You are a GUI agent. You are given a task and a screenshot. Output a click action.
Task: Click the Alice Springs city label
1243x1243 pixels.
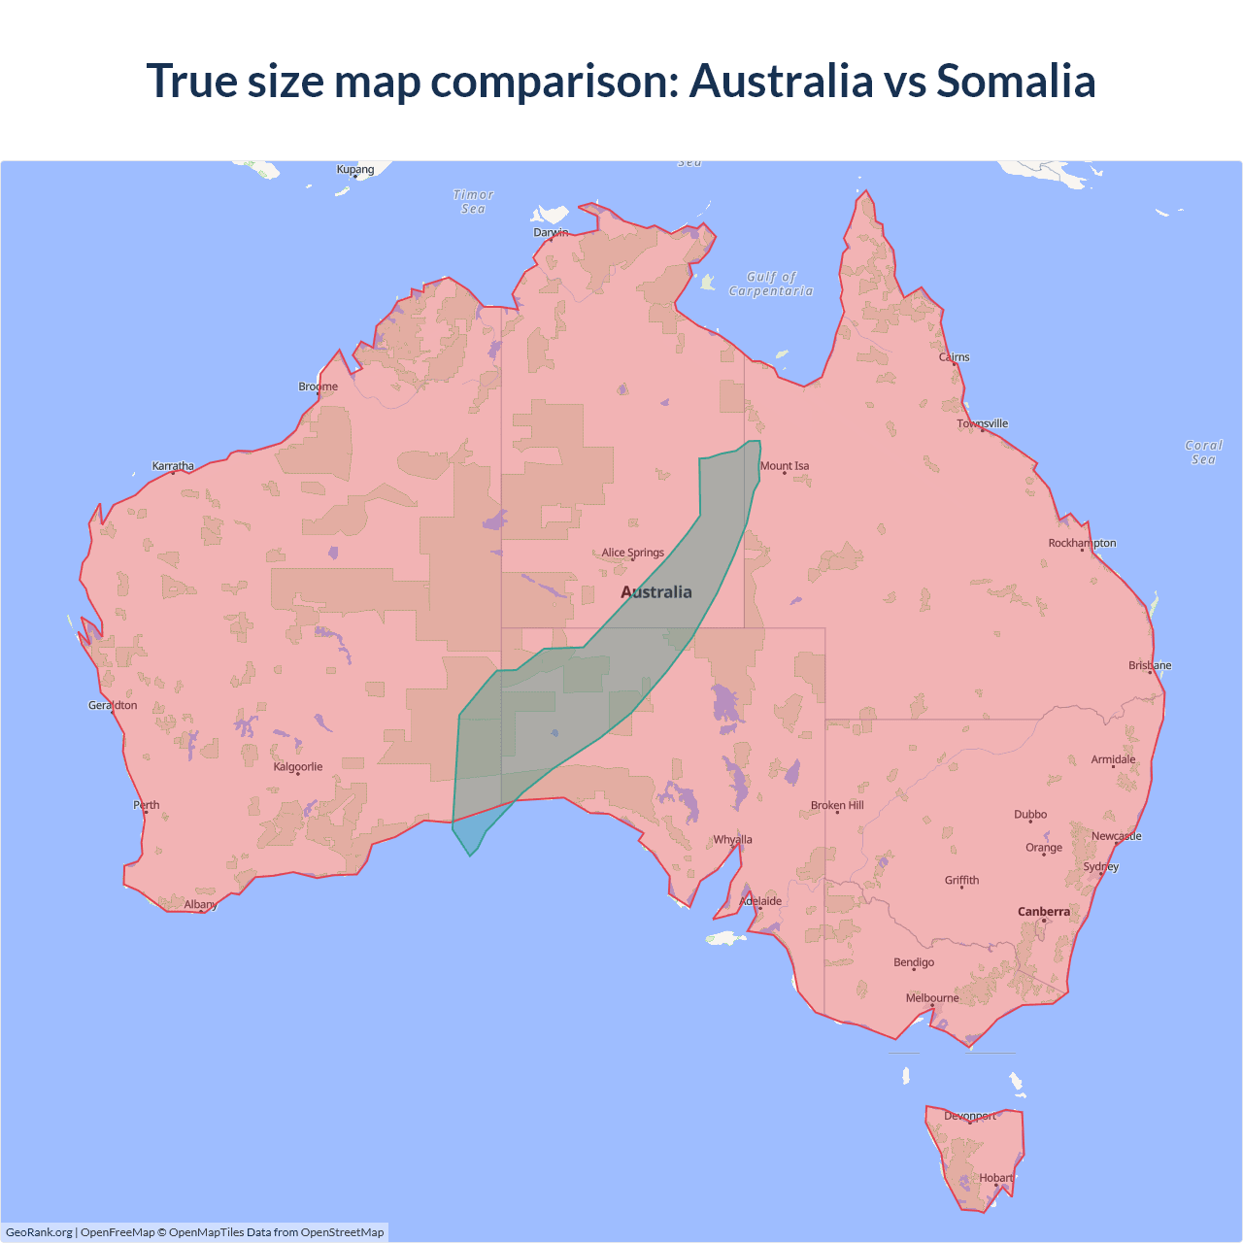[632, 553]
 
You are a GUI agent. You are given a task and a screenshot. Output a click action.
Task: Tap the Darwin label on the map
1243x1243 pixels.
[551, 232]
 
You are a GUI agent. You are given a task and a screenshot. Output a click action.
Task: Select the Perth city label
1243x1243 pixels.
[147, 805]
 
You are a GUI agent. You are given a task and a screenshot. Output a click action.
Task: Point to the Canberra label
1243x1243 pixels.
[1044, 912]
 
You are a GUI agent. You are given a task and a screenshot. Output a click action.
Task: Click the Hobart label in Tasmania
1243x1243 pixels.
[996, 1178]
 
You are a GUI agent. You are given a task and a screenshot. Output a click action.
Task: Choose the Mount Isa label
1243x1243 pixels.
[785, 466]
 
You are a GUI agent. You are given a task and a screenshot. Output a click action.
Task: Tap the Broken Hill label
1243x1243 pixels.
[837, 805]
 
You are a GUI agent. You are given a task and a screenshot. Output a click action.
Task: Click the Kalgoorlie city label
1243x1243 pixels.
[298, 767]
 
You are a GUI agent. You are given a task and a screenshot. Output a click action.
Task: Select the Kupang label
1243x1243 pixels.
[355, 170]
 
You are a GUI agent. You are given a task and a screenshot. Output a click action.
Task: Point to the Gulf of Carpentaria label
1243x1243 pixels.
[771, 284]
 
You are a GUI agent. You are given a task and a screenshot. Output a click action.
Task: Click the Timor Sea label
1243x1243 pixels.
[474, 202]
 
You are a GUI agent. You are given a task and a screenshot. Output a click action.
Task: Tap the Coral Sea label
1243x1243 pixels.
[1203, 453]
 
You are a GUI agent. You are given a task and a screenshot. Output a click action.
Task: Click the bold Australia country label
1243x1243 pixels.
[656, 592]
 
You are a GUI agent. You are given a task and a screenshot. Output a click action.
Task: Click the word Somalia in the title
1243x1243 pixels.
[1016, 81]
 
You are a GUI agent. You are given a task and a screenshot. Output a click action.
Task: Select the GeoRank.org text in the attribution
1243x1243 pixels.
[39, 1232]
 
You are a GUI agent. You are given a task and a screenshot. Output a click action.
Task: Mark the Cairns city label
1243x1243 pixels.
[954, 357]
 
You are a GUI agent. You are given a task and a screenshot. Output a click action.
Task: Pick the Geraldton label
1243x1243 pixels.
[113, 705]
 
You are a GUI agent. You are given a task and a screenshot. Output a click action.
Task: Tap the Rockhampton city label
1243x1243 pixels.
[1082, 543]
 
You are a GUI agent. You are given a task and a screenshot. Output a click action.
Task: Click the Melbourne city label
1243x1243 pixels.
[932, 998]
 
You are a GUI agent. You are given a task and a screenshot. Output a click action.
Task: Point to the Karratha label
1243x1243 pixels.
[173, 466]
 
